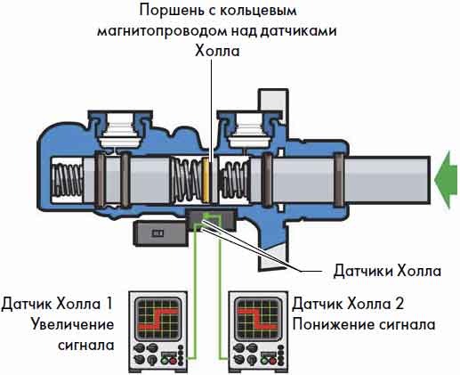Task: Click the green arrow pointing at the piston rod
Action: (x=447, y=180)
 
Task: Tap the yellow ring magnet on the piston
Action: (x=206, y=180)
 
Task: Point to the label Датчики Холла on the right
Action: (x=387, y=271)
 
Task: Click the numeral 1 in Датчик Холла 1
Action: (x=109, y=304)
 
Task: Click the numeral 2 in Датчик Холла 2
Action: (x=399, y=304)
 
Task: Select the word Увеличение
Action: (x=72, y=324)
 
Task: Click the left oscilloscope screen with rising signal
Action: (x=157, y=319)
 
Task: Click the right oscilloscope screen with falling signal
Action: (x=257, y=319)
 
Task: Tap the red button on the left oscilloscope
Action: (x=173, y=361)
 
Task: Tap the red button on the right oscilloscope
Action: (x=273, y=361)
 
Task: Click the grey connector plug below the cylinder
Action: (x=160, y=233)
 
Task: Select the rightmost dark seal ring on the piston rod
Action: (x=339, y=180)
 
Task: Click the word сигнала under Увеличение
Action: (x=86, y=345)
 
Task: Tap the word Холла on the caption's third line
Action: (x=217, y=51)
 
